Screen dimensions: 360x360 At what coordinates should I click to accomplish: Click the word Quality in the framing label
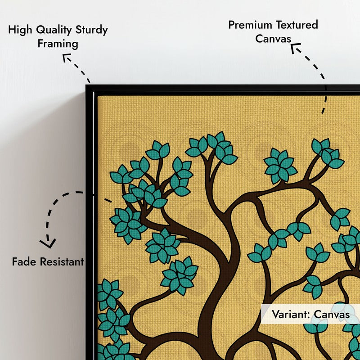[x=54, y=30]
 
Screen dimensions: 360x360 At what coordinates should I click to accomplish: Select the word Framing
[x=58, y=44]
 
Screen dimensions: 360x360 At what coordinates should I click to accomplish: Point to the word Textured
[x=297, y=25]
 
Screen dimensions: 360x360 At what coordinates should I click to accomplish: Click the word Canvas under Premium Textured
[x=273, y=39]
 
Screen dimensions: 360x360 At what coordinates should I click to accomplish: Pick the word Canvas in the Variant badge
[x=332, y=314]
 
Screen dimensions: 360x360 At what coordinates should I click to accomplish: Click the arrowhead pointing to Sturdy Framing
[x=66, y=58]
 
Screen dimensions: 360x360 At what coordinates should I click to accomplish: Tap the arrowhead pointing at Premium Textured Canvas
[x=295, y=48]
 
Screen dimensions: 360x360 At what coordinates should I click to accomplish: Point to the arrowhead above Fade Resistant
[x=48, y=243]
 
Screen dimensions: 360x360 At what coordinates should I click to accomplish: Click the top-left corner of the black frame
[x=86, y=85]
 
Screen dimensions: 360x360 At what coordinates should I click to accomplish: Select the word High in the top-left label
[x=21, y=30]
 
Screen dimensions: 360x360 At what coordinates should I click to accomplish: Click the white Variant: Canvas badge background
[x=310, y=314]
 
